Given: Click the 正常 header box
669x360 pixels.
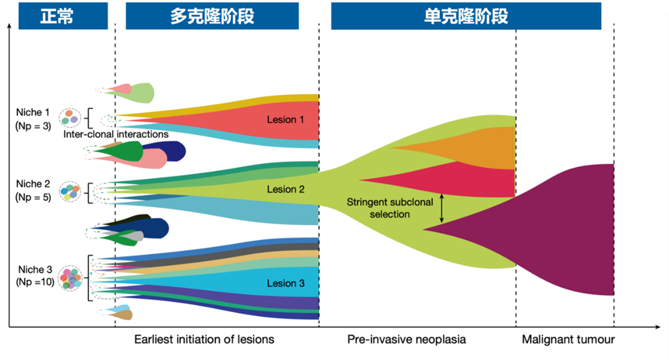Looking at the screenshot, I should pyautogui.click(x=63, y=16).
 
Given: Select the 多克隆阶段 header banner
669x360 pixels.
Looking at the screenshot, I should pyautogui.click(x=212, y=16).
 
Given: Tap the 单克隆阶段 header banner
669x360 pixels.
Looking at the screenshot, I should pyautogui.click(x=466, y=16).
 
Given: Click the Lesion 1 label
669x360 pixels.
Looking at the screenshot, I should pyautogui.click(x=285, y=119).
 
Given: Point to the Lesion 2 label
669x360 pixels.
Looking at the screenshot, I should pyautogui.click(x=285, y=189).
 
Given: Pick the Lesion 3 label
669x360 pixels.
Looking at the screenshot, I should pyautogui.click(x=285, y=283).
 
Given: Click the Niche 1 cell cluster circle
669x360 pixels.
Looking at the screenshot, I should pyautogui.click(x=70, y=117).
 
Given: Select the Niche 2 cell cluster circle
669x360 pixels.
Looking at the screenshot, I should pyautogui.click(x=70, y=191).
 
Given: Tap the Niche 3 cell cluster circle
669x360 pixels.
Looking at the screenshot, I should pyautogui.click(x=70, y=278).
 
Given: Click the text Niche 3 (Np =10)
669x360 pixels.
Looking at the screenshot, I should pyautogui.click(x=35, y=275).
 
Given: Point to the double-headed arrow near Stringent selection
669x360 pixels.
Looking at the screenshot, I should pyautogui.click(x=441, y=208).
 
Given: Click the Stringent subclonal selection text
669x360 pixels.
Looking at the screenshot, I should pyautogui.click(x=390, y=208).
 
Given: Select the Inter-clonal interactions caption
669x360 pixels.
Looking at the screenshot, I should pyautogui.click(x=116, y=134).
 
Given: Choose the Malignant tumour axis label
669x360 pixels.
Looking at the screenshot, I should pyautogui.click(x=568, y=339).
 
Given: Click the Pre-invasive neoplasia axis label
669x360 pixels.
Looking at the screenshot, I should pyautogui.click(x=406, y=339).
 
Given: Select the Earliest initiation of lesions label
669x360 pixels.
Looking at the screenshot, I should pyautogui.click(x=204, y=339).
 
